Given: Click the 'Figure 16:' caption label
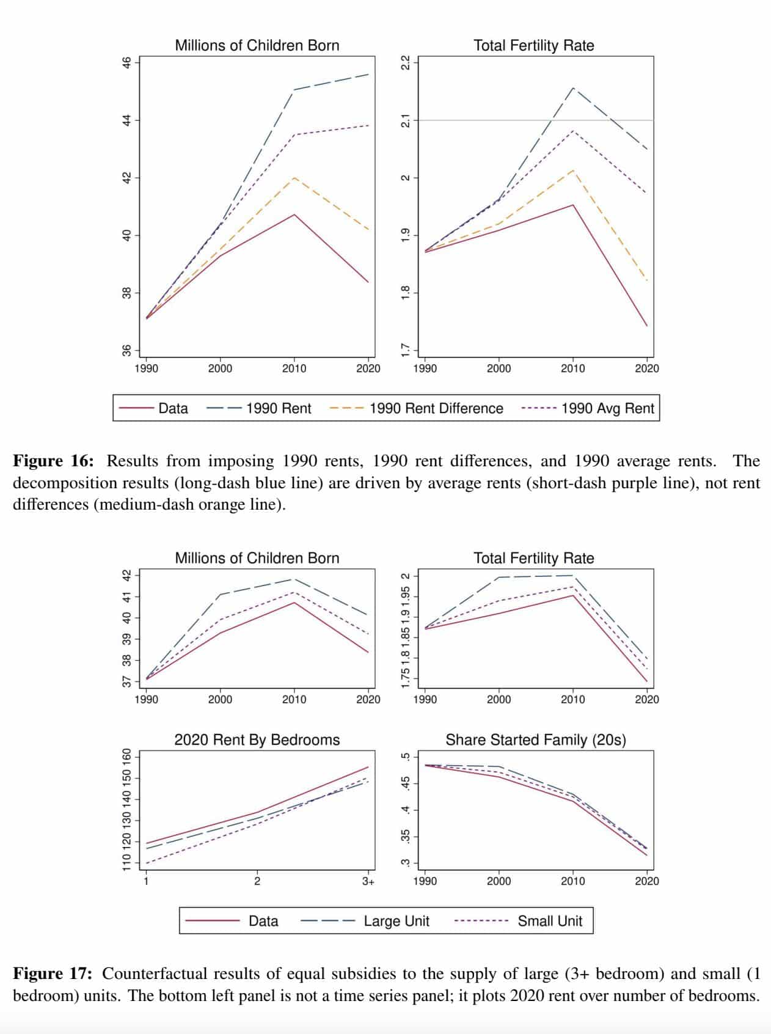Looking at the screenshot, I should (x=53, y=461).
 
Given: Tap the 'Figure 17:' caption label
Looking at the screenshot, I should (x=53, y=974).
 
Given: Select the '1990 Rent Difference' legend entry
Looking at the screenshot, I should (x=436, y=408).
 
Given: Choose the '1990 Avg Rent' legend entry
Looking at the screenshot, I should (x=607, y=408).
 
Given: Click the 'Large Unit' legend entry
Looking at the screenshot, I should (x=396, y=921).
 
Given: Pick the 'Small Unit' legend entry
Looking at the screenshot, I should (x=550, y=921).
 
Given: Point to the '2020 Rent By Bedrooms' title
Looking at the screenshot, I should (x=257, y=740).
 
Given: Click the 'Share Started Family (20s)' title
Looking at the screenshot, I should (x=536, y=740).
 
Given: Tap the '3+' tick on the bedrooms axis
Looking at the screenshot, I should (x=368, y=881).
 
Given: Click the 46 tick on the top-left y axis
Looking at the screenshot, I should (x=126, y=62).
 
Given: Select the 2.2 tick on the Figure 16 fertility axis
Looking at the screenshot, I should (x=404, y=62).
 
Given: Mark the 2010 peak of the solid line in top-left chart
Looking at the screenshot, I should (x=294, y=215).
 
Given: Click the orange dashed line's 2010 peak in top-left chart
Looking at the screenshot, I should (x=294, y=178).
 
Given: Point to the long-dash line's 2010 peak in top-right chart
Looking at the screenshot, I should (x=572, y=88).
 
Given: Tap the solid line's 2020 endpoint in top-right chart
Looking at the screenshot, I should (x=647, y=326).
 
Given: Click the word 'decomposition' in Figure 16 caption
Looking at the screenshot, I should (x=53, y=483).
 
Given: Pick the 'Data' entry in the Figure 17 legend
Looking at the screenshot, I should (x=263, y=921).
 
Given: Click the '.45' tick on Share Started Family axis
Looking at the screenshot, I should (x=404, y=783).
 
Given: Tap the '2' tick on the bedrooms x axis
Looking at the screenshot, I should (x=257, y=881).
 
